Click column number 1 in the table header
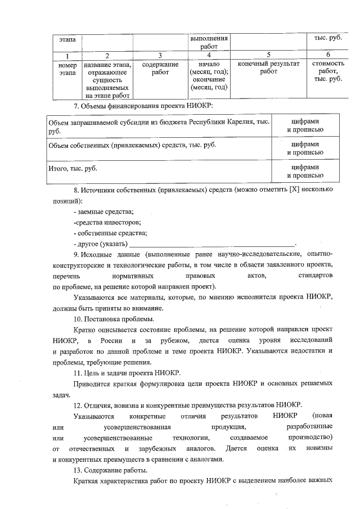pos(67,55)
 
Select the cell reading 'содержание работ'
pos(160,67)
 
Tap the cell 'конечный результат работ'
pos(268,67)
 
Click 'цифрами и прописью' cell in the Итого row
pos(305,172)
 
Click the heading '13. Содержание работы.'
pos(111,470)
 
